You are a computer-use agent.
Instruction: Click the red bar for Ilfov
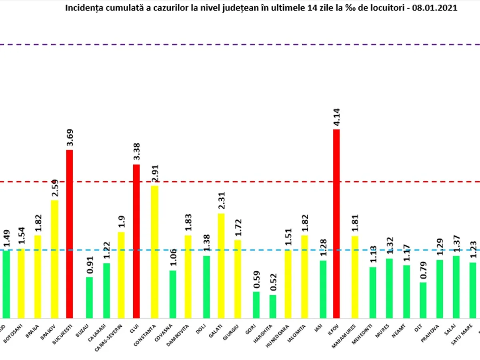[x=336, y=224]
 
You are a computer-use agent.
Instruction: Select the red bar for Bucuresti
[x=70, y=234]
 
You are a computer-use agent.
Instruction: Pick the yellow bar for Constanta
[x=154, y=252]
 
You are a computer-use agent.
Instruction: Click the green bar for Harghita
[x=273, y=307]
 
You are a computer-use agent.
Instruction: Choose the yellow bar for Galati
[x=221, y=266]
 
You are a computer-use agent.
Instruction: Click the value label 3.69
[x=70, y=138]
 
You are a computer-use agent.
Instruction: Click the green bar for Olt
[x=423, y=300]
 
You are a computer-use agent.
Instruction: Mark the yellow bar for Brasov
[x=54, y=259]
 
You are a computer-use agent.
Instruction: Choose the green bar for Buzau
[x=90, y=298]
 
